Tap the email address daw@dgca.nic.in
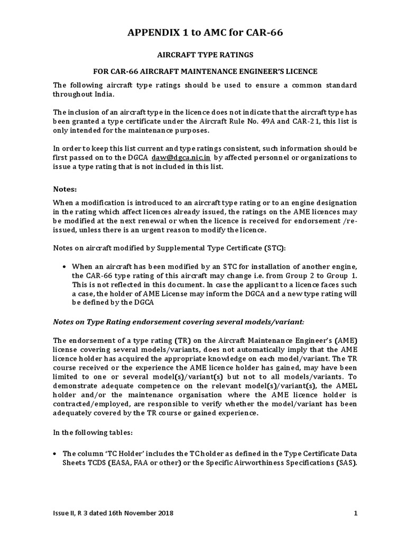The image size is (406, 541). coord(181,157)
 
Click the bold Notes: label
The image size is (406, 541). coord(66,189)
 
